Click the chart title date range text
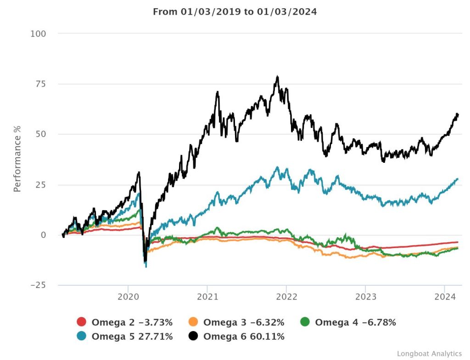pyautogui.click(x=235, y=12)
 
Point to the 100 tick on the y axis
pyautogui.click(x=39, y=33)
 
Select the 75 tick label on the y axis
pyautogui.click(x=41, y=84)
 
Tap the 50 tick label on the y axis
pyautogui.click(x=41, y=134)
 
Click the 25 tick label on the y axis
pyautogui.click(x=41, y=185)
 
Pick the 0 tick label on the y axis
pyautogui.click(x=44, y=235)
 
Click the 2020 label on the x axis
pyautogui.click(x=129, y=297)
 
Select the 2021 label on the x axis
pyautogui.click(x=207, y=297)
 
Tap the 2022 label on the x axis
pyautogui.click(x=286, y=297)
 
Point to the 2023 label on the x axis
pyautogui.click(x=365, y=297)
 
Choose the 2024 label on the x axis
pyautogui.click(x=444, y=297)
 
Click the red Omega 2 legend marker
pyautogui.click(x=81, y=322)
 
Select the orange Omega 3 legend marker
pyautogui.click(x=193, y=322)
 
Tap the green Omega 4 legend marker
pyautogui.click(x=305, y=322)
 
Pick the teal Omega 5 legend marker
pyautogui.click(x=81, y=337)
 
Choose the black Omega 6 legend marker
pyautogui.click(x=193, y=337)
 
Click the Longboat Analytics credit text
pyautogui.click(x=429, y=354)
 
